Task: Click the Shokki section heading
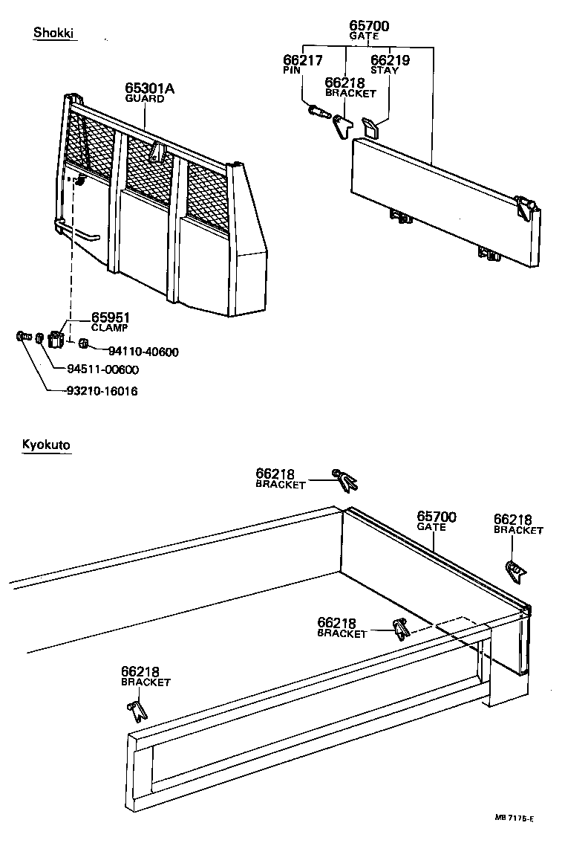55,33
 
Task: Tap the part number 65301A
149,89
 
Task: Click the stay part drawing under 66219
370,127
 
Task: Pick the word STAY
385,71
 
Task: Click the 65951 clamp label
111,317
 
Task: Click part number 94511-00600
102,369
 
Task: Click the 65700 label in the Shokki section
369,27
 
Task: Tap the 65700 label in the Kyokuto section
436,517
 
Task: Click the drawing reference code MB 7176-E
514,818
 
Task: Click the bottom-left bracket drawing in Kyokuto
137,709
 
